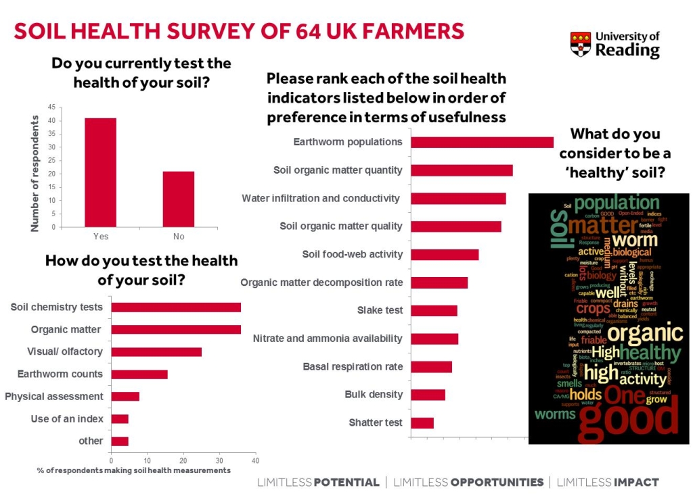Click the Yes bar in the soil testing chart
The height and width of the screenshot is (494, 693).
click(100, 172)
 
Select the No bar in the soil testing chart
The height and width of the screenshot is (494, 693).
click(179, 199)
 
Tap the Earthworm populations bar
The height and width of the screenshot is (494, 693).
click(482, 142)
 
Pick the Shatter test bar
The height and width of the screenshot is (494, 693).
click(422, 423)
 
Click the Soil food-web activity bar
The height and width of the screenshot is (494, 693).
click(445, 255)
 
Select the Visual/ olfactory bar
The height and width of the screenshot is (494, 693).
click(156, 352)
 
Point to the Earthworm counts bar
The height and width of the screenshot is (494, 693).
click(139, 374)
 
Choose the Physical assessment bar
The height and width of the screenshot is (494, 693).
click(125, 397)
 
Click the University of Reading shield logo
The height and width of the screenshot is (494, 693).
click(580, 44)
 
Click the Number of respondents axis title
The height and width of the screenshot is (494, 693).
click(35, 173)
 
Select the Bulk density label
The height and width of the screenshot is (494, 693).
click(374, 395)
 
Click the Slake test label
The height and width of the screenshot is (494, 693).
click(380, 310)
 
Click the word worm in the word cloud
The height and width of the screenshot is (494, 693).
click(635, 239)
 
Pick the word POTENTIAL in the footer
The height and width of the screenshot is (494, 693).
click(346, 483)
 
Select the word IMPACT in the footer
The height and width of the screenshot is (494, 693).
click(635, 483)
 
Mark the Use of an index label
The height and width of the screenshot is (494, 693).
click(67, 419)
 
